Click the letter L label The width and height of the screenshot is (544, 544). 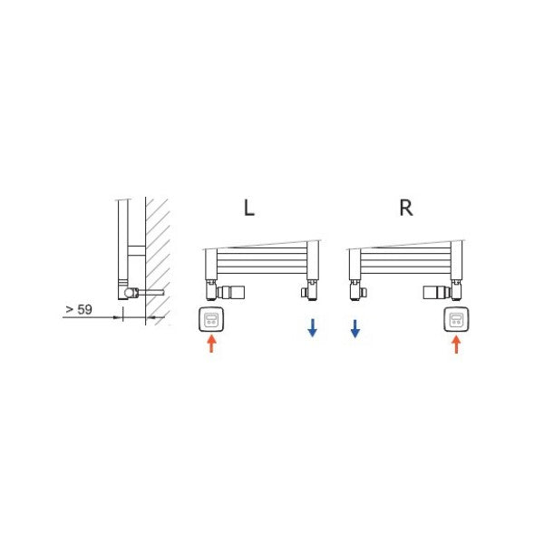[249, 208]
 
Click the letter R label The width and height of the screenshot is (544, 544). [406, 208]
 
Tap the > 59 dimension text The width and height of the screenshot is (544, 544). [79, 309]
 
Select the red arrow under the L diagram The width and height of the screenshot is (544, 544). [211, 344]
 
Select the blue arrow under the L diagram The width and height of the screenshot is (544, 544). [312, 327]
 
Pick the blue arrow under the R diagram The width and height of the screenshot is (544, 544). [355, 328]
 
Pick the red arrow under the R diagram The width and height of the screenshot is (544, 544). [456, 345]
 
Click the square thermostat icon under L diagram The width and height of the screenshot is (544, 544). [211, 319]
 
